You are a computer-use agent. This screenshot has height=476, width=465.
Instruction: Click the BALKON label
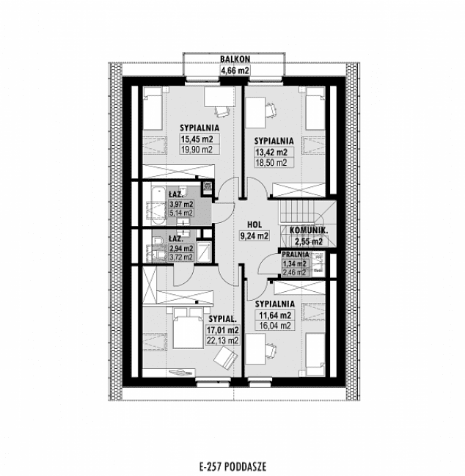click(x=235, y=58)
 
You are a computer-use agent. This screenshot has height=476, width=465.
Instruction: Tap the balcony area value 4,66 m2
click(x=235, y=70)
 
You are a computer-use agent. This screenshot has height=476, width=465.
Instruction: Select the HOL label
click(x=255, y=224)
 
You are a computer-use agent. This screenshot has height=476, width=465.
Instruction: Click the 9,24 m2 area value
click(x=255, y=236)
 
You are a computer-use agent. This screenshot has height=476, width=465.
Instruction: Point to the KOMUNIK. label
click(x=308, y=230)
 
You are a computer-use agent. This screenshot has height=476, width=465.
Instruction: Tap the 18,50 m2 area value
click(x=271, y=163)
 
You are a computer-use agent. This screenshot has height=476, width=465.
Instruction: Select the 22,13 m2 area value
click(x=223, y=340)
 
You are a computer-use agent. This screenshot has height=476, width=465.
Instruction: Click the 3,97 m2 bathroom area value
click(x=181, y=205)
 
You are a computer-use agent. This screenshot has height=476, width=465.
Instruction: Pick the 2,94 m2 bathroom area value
click(x=181, y=249)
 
